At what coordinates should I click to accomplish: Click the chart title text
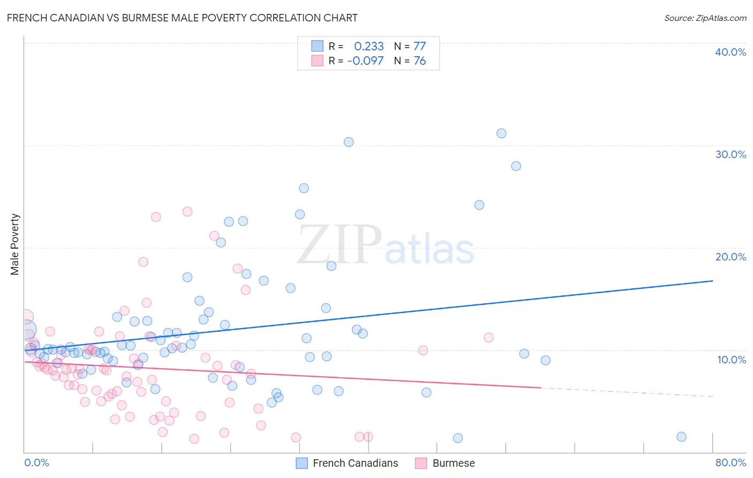pyautogui.click(x=182, y=18)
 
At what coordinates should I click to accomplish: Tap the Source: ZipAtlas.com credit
pyautogui.click(x=705, y=18)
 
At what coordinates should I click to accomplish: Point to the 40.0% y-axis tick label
pyautogui.click(x=731, y=52)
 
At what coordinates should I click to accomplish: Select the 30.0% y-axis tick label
pyautogui.click(x=731, y=154)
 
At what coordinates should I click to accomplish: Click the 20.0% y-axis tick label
pyautogui.click(x=731, y=257)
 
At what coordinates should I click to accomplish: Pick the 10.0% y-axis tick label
pyautogui.click(x=732, y=360)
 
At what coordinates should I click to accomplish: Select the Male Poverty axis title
pyautogui.click(x=15, y=244)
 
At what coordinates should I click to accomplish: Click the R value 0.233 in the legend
pyautogui.click(x=368, y=46)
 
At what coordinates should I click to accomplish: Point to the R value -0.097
pyautogui.click(x=365, y=61)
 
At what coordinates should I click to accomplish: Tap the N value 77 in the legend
pyautogui.click(x=419, y=46)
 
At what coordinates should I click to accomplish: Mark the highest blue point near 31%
pyautogui.click(x=501, y=133)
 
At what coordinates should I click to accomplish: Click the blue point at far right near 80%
pyautogui.click(x=681, y=437)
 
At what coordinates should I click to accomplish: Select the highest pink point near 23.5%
pyautogui.click(x=187, y=212)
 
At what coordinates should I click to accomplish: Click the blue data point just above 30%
pyautogui.click(x=349, y=142)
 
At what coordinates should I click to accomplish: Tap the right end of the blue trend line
pyautogui.click(x=712, y=281)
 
